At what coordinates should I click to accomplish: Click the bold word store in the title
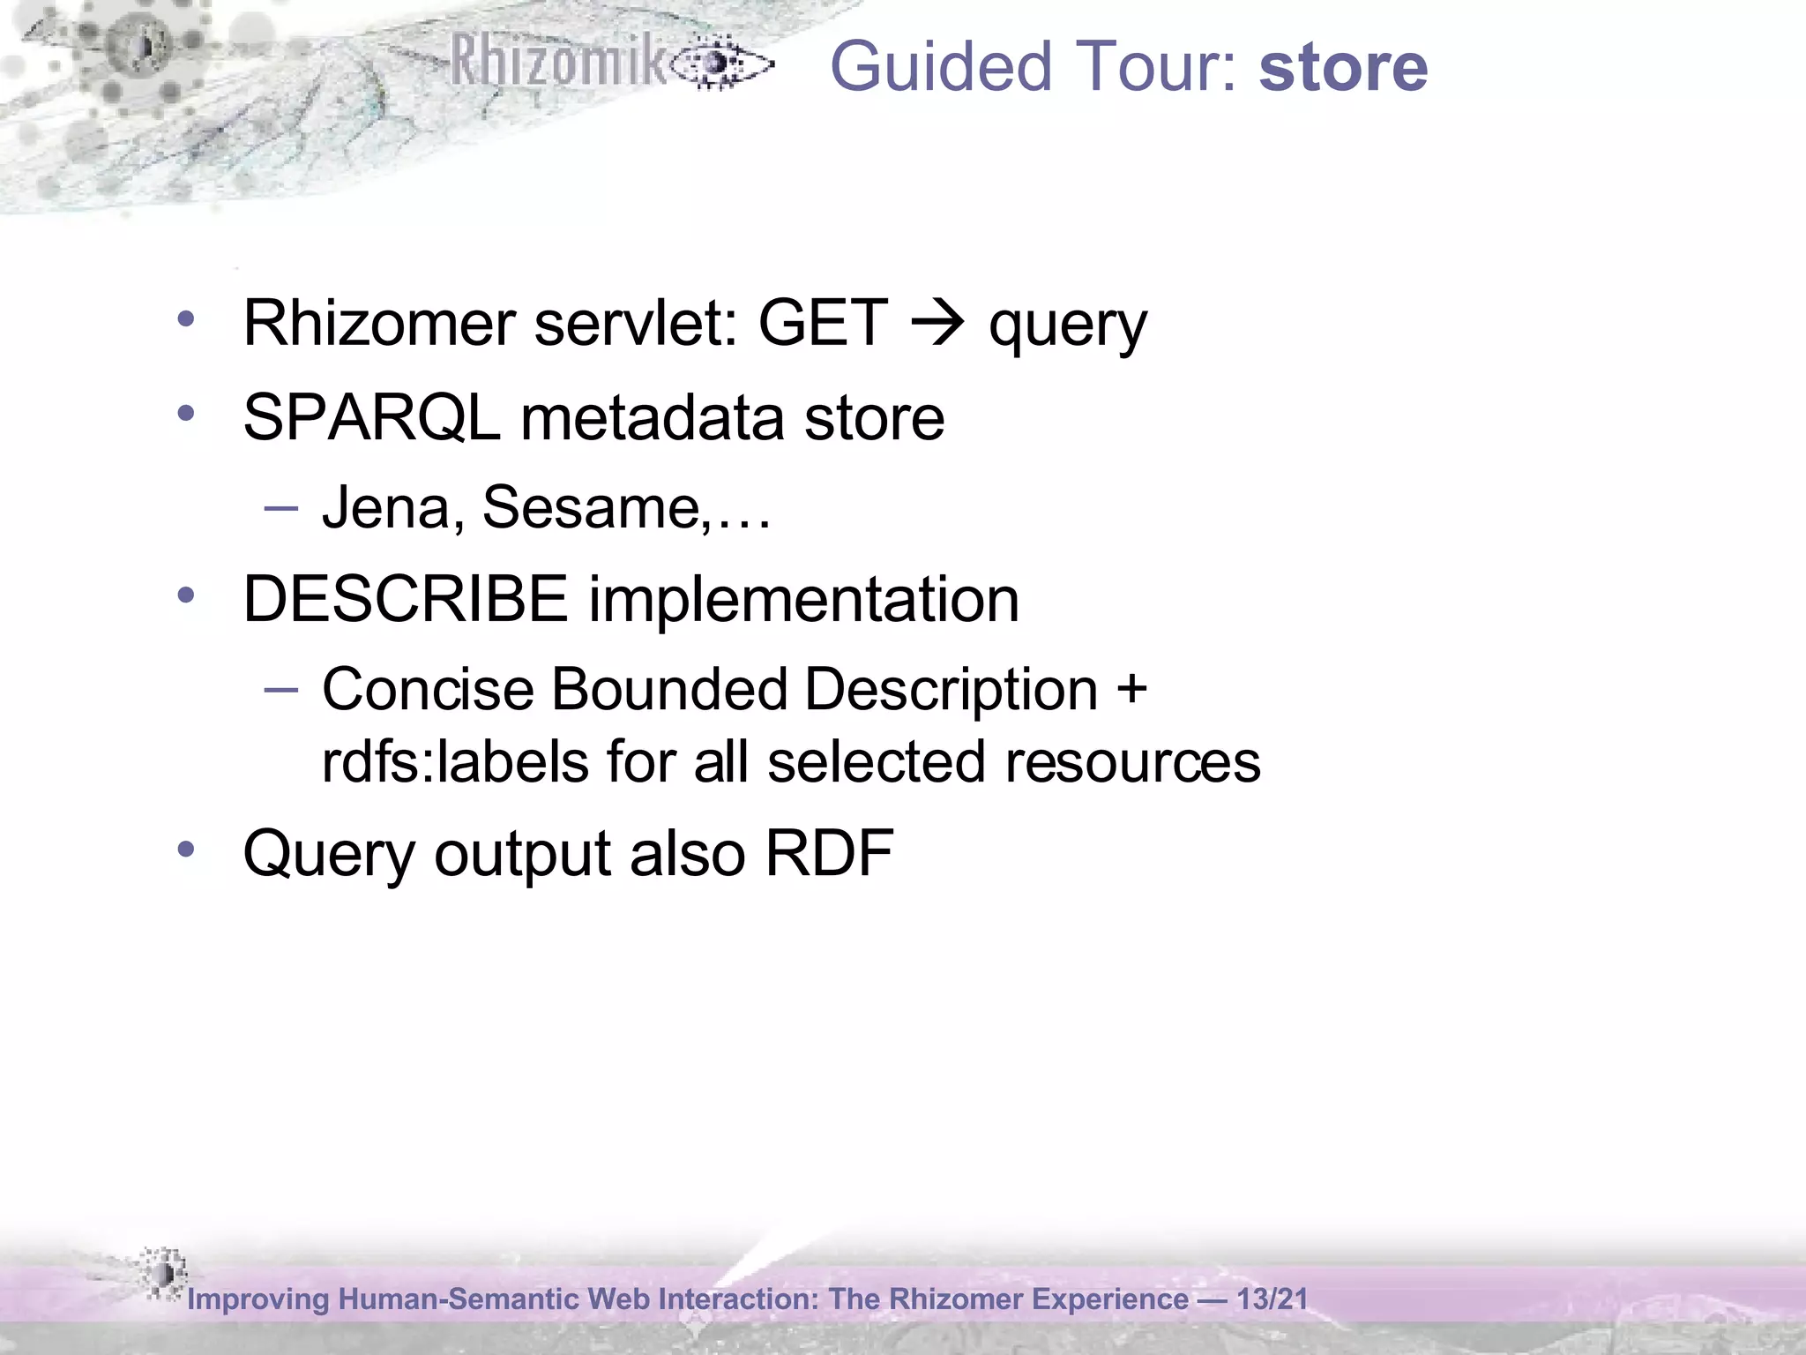click(1342, 67)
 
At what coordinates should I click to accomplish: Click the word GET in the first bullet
click(822, 323)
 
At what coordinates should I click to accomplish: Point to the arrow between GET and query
click(937, 325)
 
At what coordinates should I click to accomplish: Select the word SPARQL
click(371, 417)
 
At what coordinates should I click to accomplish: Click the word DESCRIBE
click(405, 599)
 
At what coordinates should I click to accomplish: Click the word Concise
click(428, 688)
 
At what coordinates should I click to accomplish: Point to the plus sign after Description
click(1131, 688)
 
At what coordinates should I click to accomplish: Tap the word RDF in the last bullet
click(829, 853)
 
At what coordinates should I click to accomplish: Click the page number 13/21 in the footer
click(1272, 1299)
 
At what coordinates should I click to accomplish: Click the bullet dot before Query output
click(185, 850)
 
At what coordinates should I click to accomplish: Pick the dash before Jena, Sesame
click(280, 508)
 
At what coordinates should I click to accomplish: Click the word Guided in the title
click(941, 67)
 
